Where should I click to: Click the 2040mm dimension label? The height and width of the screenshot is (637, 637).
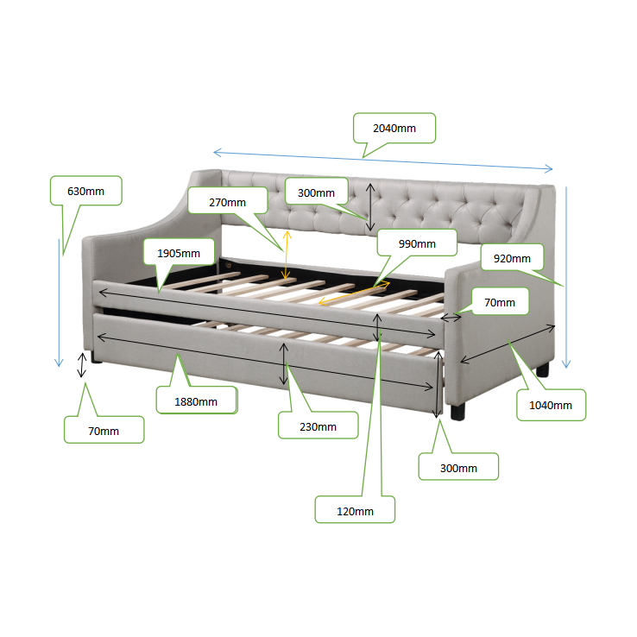pos(394,128)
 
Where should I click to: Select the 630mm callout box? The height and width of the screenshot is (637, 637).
pos(86,191)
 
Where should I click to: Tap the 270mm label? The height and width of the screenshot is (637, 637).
pos(228,202)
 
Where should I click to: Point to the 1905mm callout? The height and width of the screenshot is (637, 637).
pos(179,253)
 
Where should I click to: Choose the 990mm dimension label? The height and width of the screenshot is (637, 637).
pos(417,243)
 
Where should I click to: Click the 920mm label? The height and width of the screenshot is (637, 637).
pos(513,258)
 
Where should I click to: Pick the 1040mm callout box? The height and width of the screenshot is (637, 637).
pos(551,405)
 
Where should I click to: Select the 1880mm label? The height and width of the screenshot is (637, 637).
pos(196,401)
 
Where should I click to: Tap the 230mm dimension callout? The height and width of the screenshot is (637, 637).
pos(318,426)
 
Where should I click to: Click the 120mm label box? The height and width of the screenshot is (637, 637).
pos(355,511)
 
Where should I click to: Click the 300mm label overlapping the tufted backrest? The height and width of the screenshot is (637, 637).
pos(317,192)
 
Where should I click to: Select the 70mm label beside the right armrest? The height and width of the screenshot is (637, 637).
pos(500,302)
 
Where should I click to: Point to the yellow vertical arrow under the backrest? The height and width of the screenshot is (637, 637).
pos(287,255)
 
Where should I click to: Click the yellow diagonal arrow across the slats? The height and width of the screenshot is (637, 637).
pos(354,292)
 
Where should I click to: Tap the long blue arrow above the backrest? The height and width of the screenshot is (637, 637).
pos(382,161)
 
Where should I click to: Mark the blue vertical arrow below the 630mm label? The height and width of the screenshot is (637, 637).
pos(59,303)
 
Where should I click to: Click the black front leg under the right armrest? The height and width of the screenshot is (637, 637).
pos(457,413)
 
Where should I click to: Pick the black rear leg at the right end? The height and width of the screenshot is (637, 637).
pos(543,369)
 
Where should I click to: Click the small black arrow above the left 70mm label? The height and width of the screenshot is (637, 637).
pos(82,365)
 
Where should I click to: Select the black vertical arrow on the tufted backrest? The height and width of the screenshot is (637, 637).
pos(370,207)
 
